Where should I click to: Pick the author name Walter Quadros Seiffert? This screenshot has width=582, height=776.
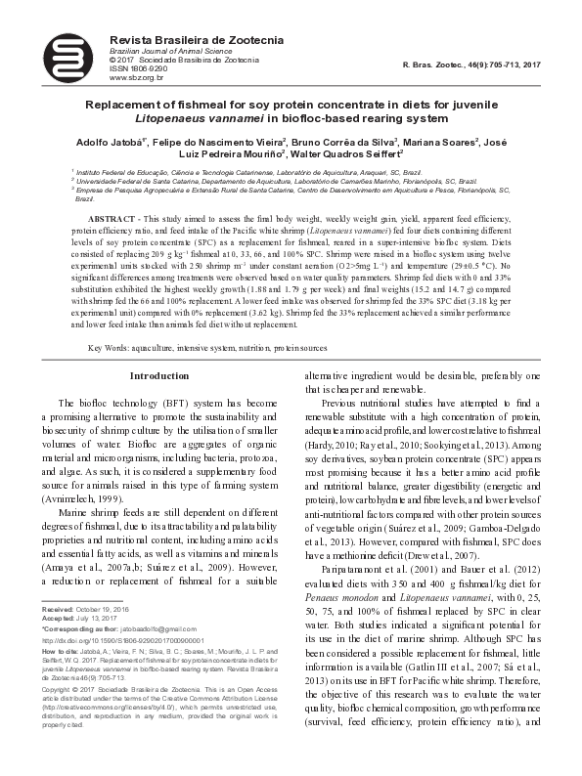pos(347,154)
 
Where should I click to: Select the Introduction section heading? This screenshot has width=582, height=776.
pos(159,374)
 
